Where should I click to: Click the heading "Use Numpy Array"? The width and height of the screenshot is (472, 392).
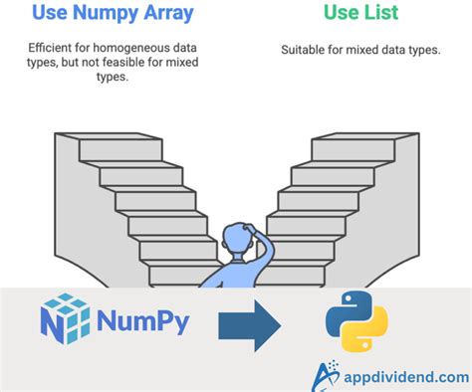coord(112,13)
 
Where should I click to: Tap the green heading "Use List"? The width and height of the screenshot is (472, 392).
coord(359,13)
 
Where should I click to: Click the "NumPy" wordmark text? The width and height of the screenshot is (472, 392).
coord(143,322)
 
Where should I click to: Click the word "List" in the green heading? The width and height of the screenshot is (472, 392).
coord(381,13)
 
